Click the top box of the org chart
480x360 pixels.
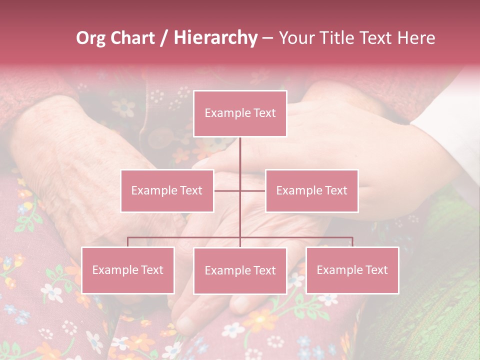click(x=240, y=113)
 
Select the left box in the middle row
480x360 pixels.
click(x=167, y=190)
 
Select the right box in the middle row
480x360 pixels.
click(x=311, y=190)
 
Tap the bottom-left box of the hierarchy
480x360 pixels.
click(x=128, y=270)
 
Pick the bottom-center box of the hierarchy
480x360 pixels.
click(x=240, y=270)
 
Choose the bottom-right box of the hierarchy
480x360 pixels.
click(x=352, y=270)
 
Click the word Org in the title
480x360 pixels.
click(x=90, y=38)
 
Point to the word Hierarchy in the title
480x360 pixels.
click(x=215, y=38)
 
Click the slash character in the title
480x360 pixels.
click(x=163, y=38)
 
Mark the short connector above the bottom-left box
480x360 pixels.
click(x=128, y=242)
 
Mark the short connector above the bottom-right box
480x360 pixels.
click(x=352, y=242)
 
